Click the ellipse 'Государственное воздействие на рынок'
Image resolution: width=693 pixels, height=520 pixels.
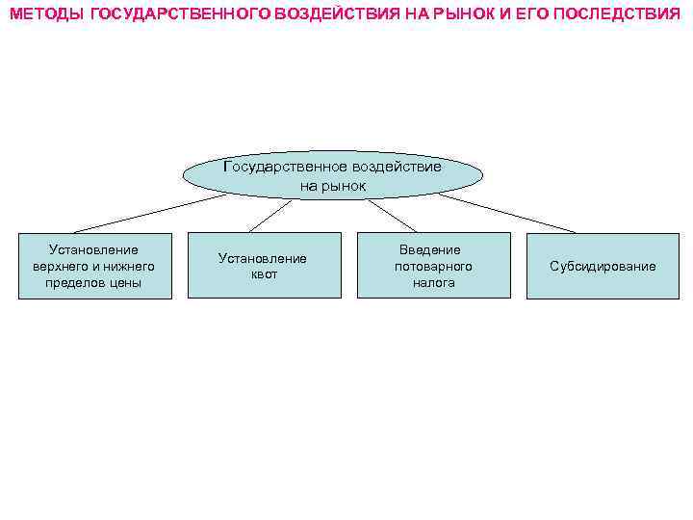tap(332, 175)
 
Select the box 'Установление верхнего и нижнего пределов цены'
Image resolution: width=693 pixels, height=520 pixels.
tap(94, 266)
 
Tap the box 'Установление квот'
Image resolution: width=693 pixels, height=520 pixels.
tap(263, 266)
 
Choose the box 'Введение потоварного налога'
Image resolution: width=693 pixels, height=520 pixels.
tap(433, 266)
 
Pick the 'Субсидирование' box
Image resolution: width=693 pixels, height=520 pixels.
tap(603, 266)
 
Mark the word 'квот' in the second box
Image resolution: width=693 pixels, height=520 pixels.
tap(263, 274)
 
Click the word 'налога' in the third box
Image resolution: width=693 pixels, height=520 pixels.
tap(433, 283)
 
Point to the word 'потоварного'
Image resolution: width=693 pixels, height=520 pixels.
tap(433, 266)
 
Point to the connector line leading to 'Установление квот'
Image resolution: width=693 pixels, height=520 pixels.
tap(270, 216)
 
